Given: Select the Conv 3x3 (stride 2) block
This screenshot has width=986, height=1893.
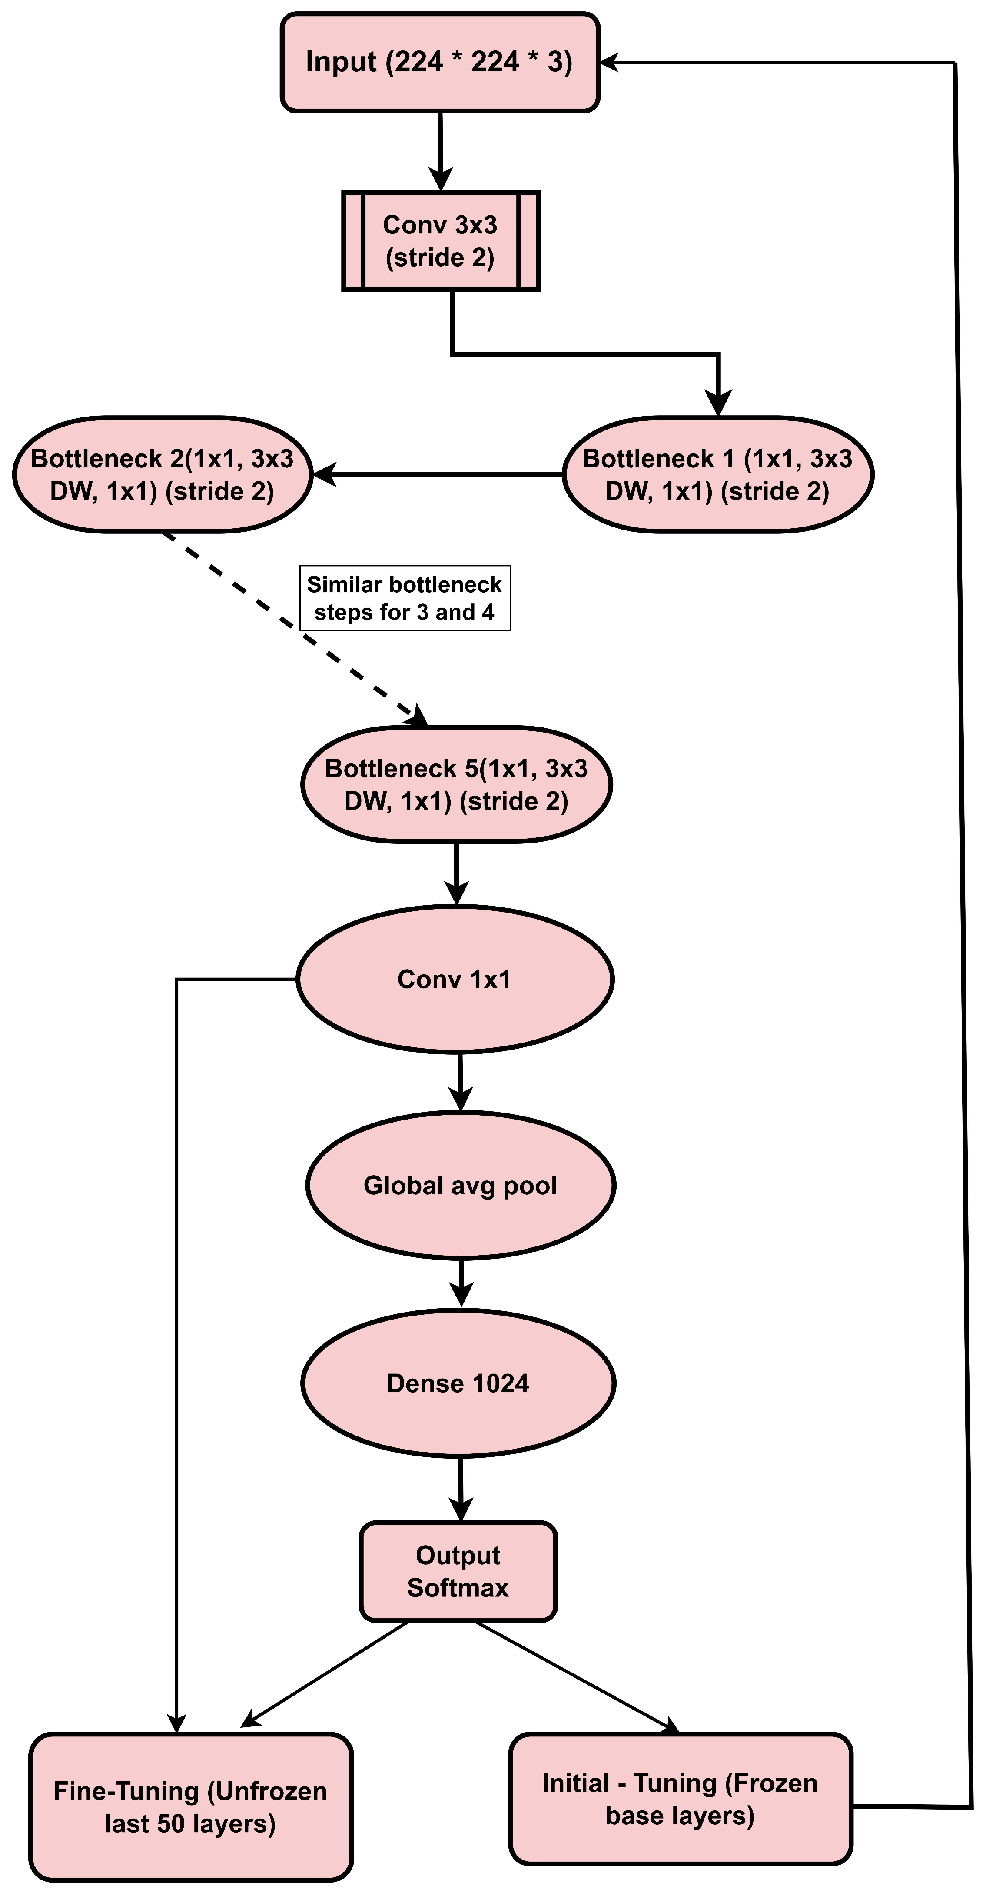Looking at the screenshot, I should tap(440, 241).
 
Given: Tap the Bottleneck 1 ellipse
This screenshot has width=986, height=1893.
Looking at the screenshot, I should tap(718, 475).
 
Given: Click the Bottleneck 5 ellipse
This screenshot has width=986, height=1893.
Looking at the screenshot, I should tap(456, 784).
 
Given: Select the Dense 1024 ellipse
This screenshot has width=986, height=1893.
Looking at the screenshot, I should tap(458, 1383).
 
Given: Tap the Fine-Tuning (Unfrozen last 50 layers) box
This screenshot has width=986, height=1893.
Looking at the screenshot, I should tap(190, 1806).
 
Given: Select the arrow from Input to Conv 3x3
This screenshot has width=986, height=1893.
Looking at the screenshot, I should tap(440, 150).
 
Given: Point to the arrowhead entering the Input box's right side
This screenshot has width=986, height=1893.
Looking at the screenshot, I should tap(611, 63).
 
